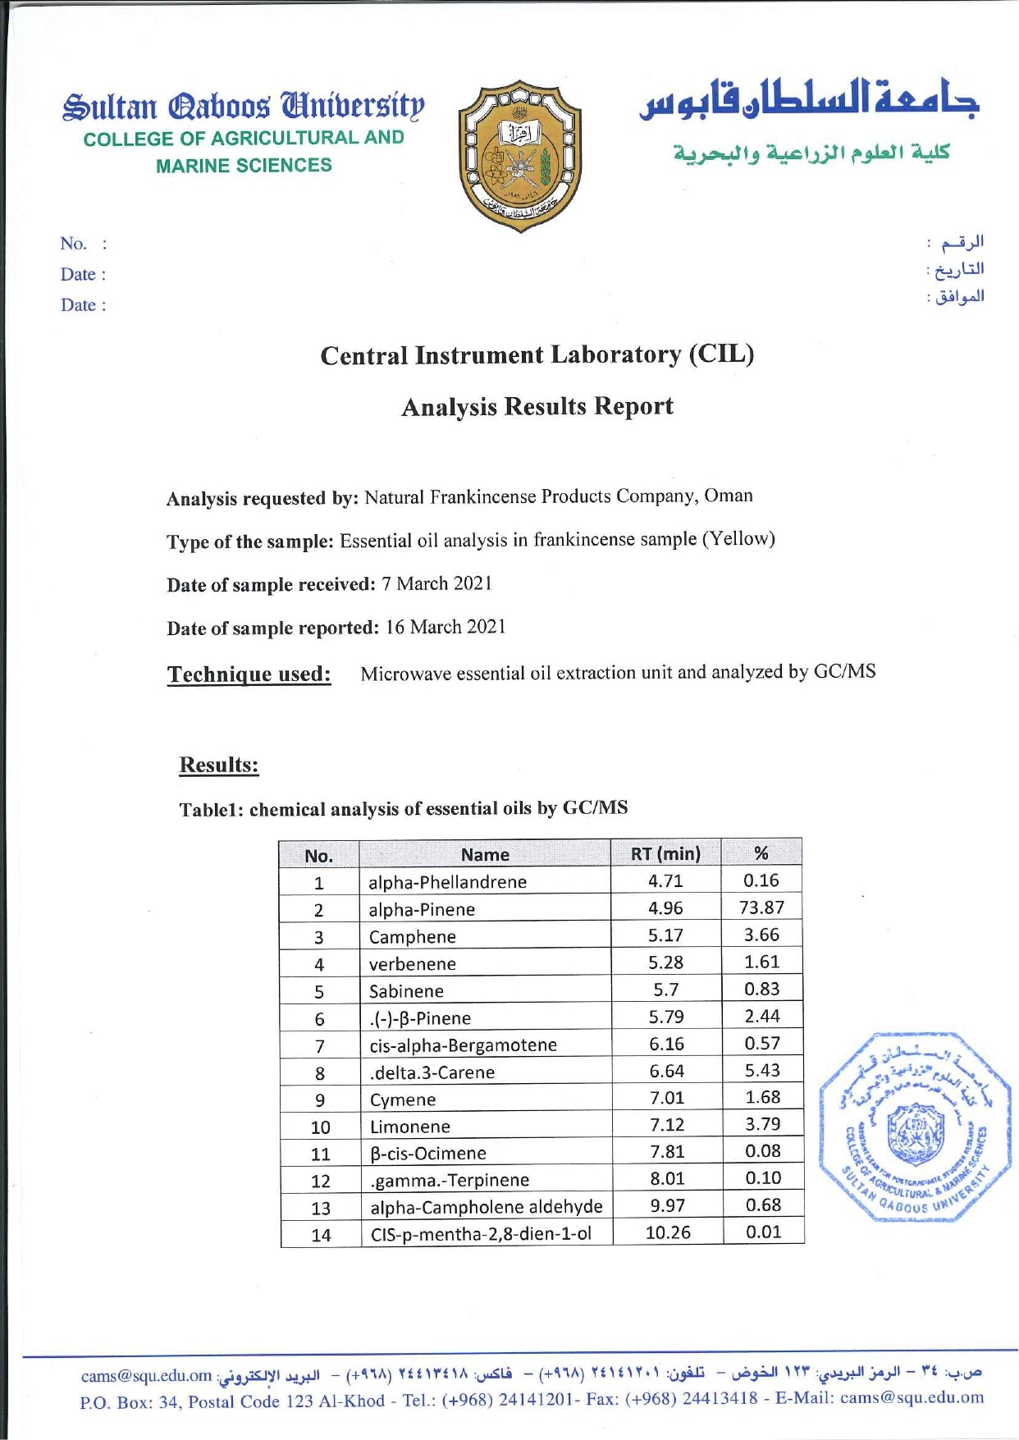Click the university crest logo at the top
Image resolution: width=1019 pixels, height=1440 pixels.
click(x=520, y=156)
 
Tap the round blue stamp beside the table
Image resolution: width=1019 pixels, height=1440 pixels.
click(x=913, y=1128)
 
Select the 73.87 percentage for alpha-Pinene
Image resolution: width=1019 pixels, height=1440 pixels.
click(x=761, y=907)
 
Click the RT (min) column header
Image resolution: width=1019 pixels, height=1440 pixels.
click(x=665, y=853)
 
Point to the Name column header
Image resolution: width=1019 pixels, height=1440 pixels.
click(x=485, y=854)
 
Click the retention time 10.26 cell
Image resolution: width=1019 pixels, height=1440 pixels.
click(x=668, y=1232)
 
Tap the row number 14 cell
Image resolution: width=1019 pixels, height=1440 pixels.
click(x=321, y=1235)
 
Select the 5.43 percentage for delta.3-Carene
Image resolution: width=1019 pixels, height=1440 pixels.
click(x=762, y=1070)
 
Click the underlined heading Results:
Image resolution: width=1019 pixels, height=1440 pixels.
click(x=219, y=765)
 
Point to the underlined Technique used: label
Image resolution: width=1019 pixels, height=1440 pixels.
click(x=249, y=674)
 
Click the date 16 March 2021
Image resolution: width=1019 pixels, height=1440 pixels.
click(x=446, y=627)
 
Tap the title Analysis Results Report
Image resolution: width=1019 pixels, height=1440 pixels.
click(x=537, y=406)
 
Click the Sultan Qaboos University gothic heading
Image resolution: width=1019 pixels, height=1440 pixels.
click(x=244, y=107)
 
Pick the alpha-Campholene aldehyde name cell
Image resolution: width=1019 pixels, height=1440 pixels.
click(x=486, y=1207)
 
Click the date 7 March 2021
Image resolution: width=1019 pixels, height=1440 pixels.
click(x=436, y=583)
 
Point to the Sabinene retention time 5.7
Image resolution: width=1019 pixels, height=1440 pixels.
click(x=665, y=990)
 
